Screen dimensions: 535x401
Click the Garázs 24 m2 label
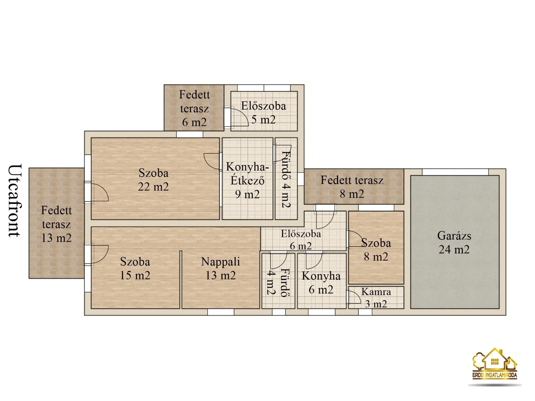454,242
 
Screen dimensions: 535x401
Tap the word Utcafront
15,200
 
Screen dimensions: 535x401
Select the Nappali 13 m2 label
221,268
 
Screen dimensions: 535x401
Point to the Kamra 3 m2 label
376,298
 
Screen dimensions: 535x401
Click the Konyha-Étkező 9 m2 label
247,180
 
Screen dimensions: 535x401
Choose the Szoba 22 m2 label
153,180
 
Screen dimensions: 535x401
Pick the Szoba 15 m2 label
135,268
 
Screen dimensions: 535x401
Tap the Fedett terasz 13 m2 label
56,224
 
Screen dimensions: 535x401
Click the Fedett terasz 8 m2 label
352,187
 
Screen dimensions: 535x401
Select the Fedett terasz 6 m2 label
194,108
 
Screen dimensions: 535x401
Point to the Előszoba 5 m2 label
263,113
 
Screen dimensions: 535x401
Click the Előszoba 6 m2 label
301,240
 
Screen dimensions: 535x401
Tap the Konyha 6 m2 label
321,283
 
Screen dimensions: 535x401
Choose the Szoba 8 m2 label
376,250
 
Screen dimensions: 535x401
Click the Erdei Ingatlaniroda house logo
495,367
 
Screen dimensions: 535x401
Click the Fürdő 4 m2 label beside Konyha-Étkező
286,179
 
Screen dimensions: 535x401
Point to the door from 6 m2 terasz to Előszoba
228,117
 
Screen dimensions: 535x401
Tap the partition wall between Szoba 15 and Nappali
181,280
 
